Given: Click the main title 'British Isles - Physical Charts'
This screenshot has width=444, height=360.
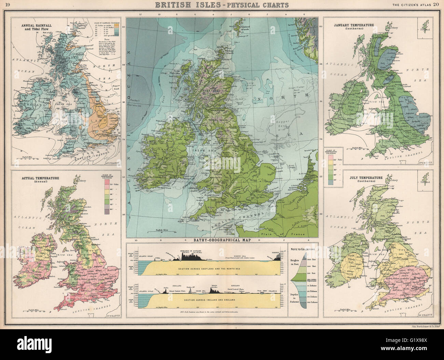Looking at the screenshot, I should coord(222,5).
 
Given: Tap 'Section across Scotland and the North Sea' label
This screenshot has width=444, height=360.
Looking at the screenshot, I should coord(209,269).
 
